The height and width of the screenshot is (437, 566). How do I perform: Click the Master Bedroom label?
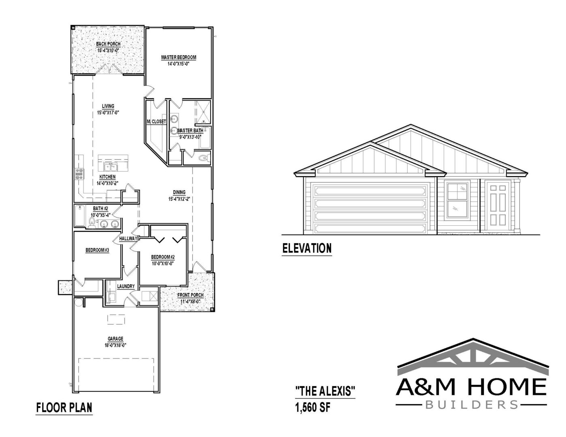(x=179, y=57)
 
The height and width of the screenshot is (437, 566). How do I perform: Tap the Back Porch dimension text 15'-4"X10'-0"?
(x=108, y=51)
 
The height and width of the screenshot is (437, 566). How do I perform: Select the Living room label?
(x=108, y=106)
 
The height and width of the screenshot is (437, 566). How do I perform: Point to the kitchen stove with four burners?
(x=80, y=174)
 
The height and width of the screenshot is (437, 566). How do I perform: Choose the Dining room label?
(x=179, y=192)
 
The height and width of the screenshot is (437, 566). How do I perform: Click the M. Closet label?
(x=156, y=121)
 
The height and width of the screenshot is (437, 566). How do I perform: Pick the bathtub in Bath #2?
(x=80, y=216)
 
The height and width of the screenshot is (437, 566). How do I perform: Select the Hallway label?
(x=128, y=238)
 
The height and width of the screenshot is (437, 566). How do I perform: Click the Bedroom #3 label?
(x=97, y=250)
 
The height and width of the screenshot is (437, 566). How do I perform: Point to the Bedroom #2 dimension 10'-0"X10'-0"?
(x=163, y=263)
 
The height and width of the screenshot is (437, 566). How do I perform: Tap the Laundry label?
(x=126, y=286)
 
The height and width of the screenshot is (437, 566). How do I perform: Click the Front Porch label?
(x=190, y=295)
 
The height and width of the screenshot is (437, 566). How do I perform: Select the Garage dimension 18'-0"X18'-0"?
(x=115, y=346)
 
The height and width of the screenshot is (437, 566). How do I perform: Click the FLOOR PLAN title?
(x=64, y=407)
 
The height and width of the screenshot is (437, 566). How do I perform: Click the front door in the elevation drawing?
(x=498, y=206)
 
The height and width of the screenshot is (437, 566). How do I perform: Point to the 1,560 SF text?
(x=313, y=407)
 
